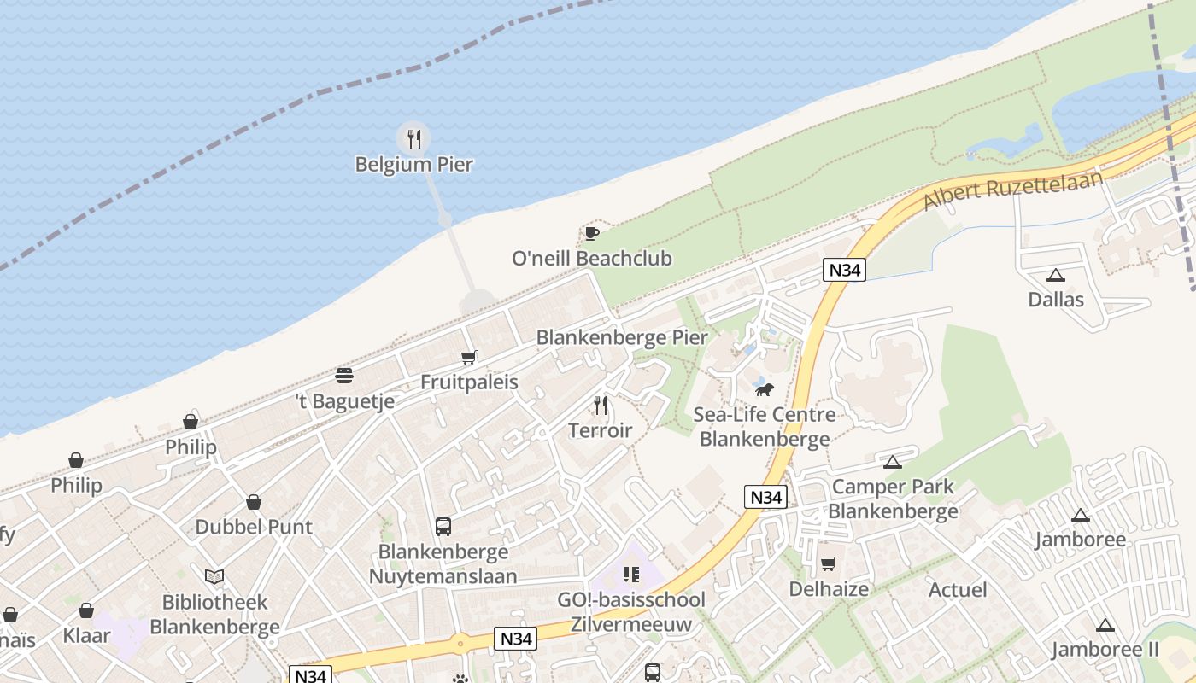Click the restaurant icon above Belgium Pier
(414, 138)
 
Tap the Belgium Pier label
(414, 164)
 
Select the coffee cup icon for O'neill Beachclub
(591, 233)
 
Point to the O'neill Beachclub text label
(592, 258)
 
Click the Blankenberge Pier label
(622, 337)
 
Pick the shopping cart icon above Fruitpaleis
(468, 357)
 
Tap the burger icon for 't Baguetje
(344, 376)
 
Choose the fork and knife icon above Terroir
(601, 405)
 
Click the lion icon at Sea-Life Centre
(764, 389)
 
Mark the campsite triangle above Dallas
(1056, 275)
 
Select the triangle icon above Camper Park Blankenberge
(893, 462)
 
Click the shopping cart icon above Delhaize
(828, 563)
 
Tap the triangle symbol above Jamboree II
(1105, 625)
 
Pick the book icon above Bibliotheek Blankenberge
(214, 576)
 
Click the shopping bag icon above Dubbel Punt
(254, 502)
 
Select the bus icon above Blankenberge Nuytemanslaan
(443, 527)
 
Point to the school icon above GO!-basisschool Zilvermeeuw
(631, 574)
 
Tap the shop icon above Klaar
(86, 610)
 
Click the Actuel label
(958, 589)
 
